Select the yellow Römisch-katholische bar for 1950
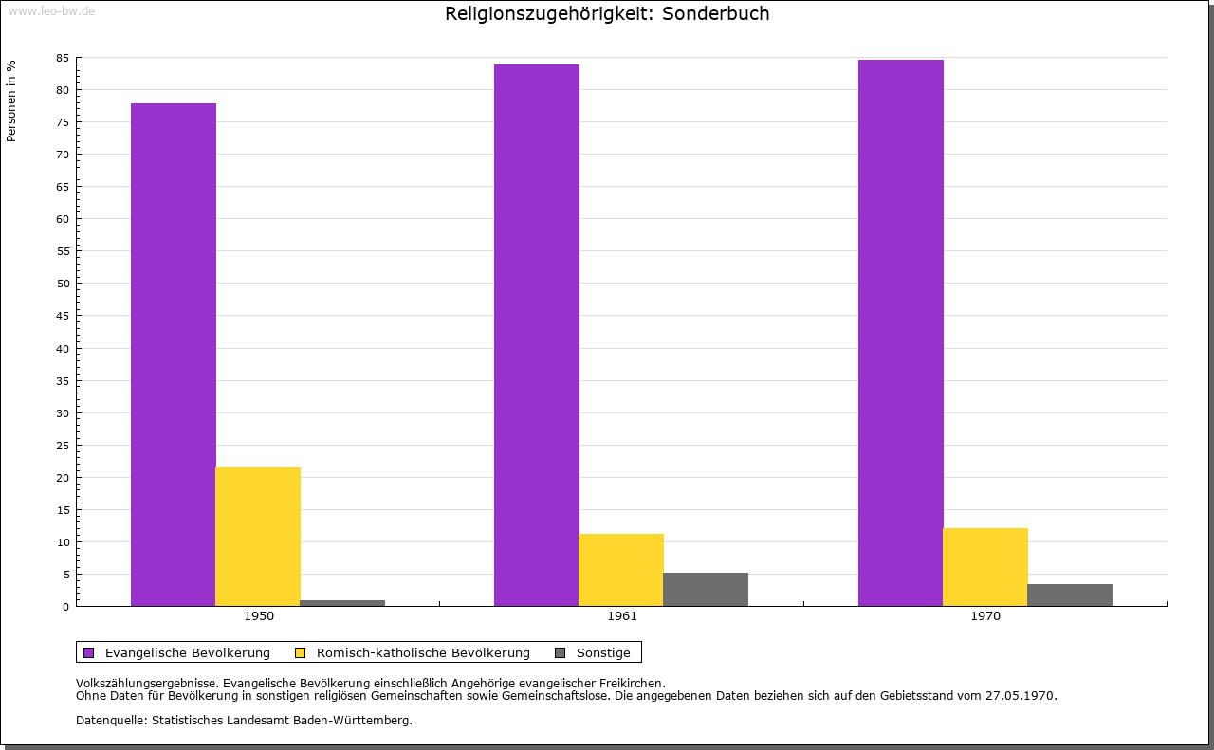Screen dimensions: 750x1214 click(258, 537)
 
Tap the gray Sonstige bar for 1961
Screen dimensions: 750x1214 click(706, 589)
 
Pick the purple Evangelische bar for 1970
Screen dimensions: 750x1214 click(900, 333)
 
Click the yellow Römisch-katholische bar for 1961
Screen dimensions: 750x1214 click(621, 570)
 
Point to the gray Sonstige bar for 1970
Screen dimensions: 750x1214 click(1070, 595)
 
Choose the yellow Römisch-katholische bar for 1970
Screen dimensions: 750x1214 click(984, 567)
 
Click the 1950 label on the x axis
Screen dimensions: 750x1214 click(259, 616)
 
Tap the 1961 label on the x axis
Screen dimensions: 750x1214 click(622, 616)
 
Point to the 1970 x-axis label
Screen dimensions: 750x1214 click(985, 616)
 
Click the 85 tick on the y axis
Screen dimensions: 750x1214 click(63, 58)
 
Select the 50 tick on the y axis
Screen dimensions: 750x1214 click(63, 284)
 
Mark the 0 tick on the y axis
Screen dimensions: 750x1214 click(66, 607)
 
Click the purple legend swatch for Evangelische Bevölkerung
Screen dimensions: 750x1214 click(89, 652)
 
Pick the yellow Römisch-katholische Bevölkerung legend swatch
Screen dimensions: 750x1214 click(301, 652)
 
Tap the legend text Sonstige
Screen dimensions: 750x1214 click(603, 652)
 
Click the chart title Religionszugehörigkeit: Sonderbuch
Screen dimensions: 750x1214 click(607, 14)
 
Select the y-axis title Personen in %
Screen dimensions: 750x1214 click(11, 101)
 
